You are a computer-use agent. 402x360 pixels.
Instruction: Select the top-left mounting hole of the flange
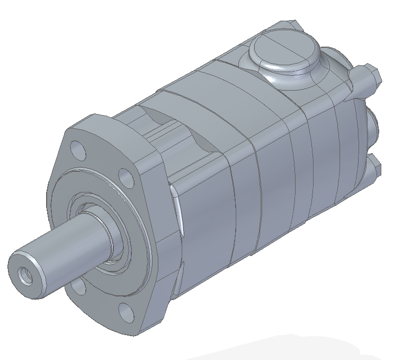79,150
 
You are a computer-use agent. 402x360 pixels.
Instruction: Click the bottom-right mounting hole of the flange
126,312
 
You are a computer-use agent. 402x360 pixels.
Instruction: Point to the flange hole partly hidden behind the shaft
78,286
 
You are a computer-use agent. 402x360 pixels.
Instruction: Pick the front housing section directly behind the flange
207,223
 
